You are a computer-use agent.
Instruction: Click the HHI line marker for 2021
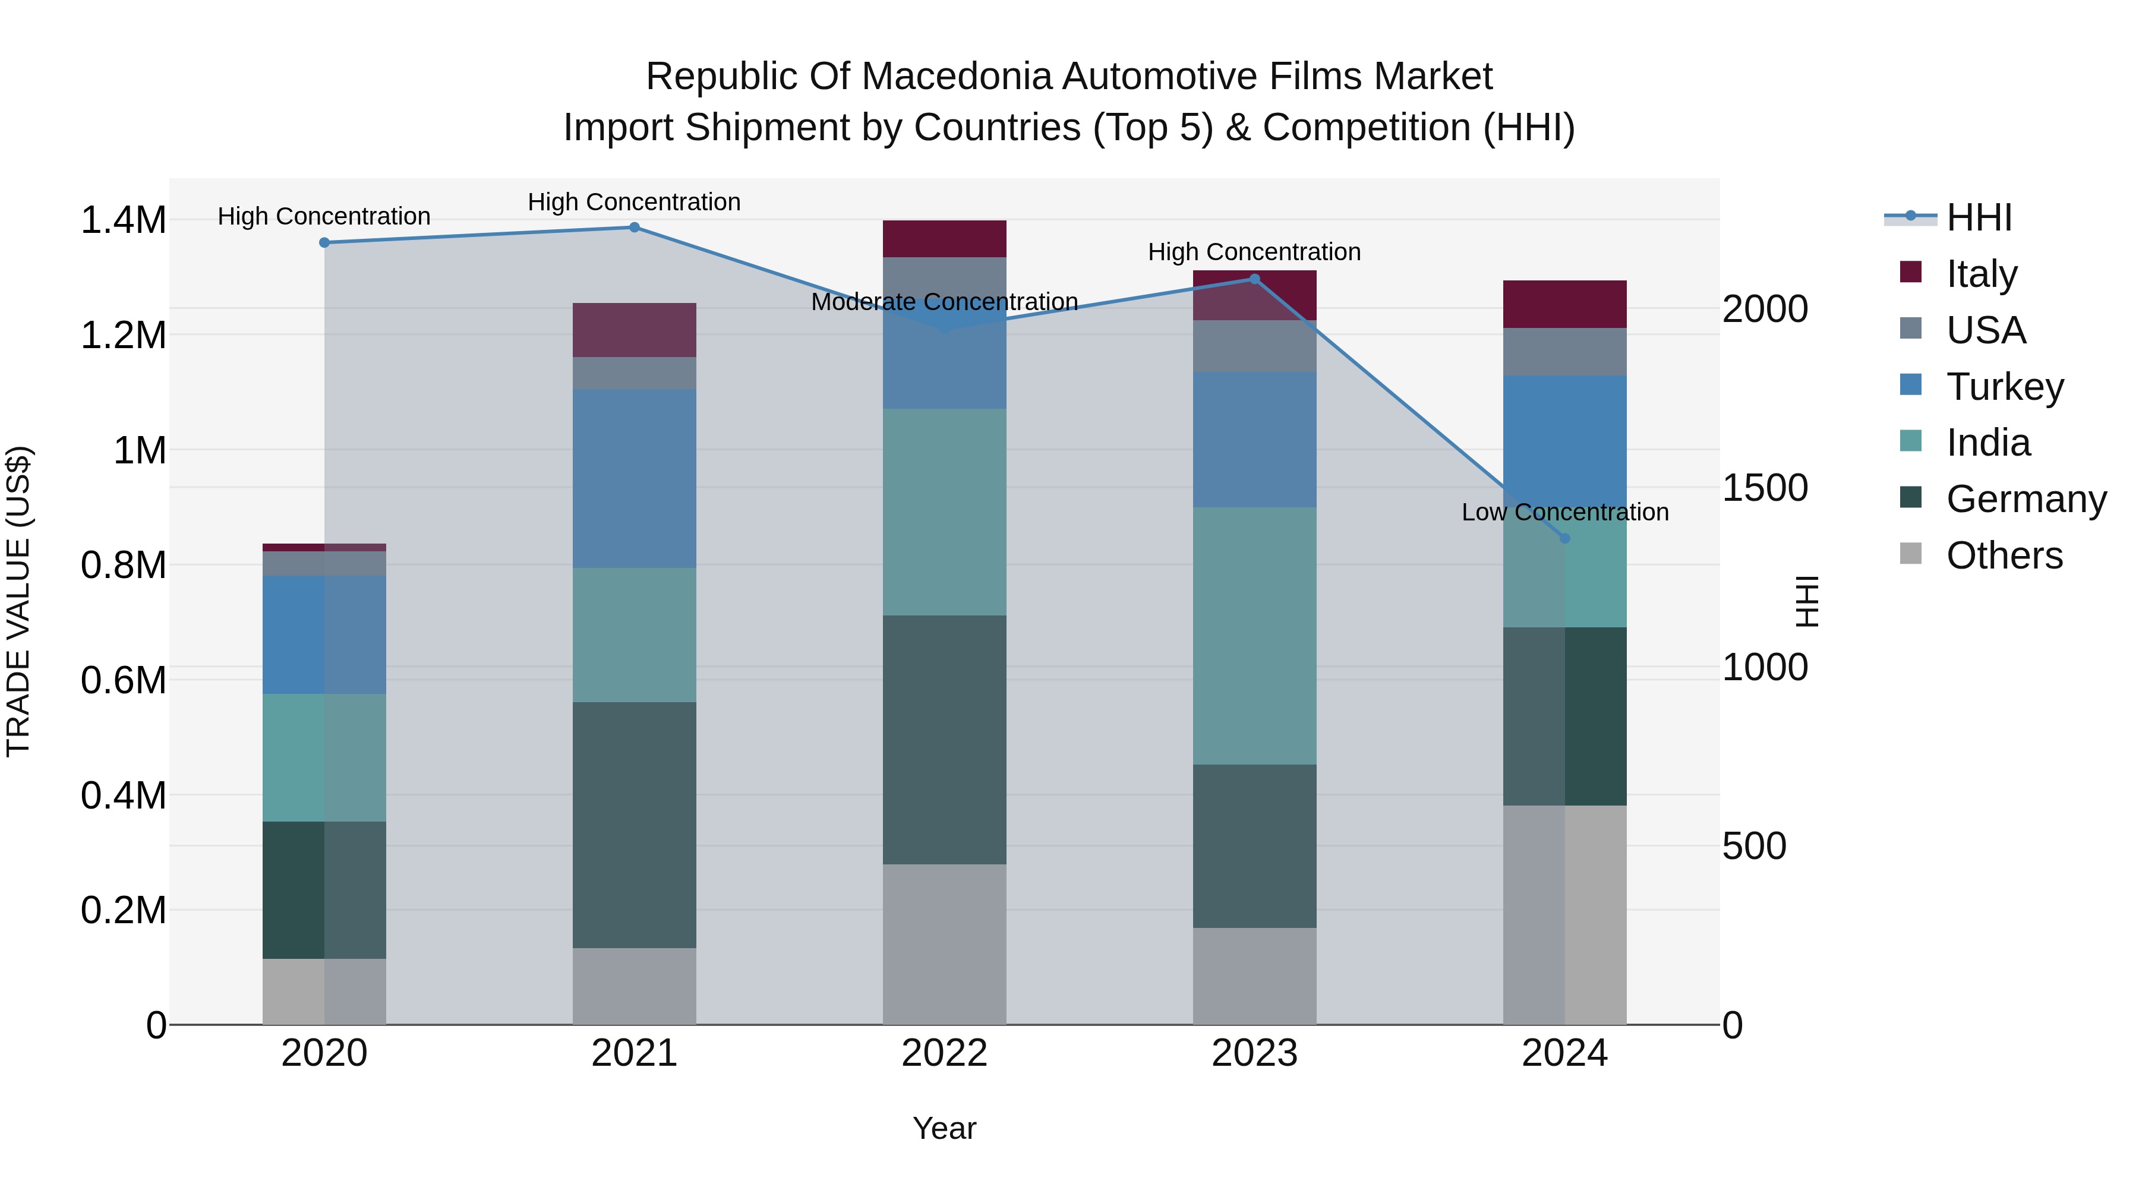pos(635,228)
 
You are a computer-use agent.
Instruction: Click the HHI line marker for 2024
pos(1565,539)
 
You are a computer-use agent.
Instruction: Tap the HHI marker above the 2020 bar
pos(324,242)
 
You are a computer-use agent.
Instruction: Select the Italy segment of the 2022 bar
pos(944,239)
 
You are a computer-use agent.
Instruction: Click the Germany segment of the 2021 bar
pos(635,825)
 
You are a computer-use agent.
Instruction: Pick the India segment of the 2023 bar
pos(1255,636)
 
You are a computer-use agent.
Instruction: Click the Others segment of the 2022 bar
pos(944,945)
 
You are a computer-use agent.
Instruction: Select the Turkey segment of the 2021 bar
pos(635,479)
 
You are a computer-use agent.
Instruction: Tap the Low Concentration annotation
pos(1565,512)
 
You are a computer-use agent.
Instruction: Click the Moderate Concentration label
pos(944,302)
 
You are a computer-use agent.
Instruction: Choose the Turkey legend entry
pos(2005,387)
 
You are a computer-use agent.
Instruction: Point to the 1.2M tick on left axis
pos(123,336)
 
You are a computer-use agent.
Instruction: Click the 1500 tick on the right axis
pos(1765,488)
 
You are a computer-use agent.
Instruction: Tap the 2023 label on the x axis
pos(1255,1053)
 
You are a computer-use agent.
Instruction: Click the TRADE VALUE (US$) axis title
pos(18,601)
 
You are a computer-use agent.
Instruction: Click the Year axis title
pos(944,1129)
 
